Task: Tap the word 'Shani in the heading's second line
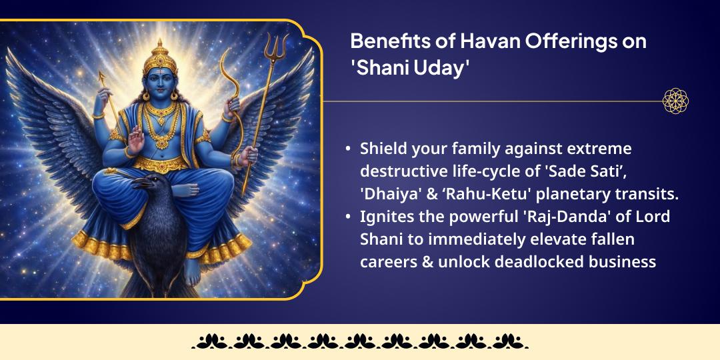point(377,69)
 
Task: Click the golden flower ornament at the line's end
point(675,101)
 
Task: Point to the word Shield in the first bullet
point(382,148)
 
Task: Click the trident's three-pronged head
point(273,50)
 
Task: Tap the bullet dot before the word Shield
point(347,148)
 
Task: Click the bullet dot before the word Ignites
point(347,217)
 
